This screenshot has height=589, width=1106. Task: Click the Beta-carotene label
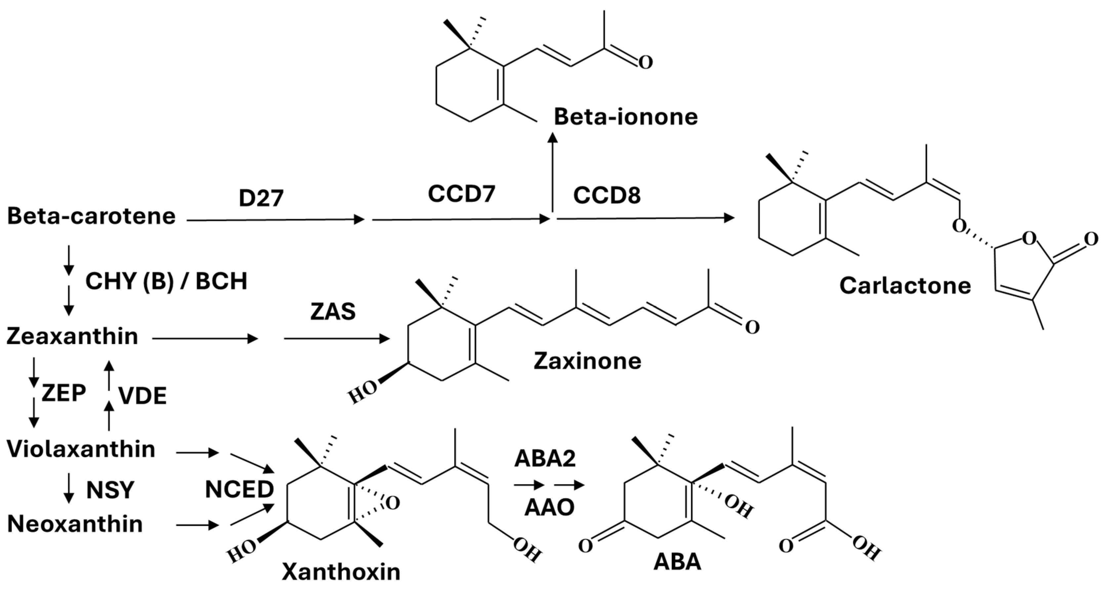click(x=92, y=216)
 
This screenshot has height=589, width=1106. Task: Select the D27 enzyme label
click(x=261, y=198)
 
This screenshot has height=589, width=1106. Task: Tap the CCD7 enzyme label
click(x=462, y=194)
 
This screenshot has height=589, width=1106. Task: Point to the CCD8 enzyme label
click(x=607, y=196)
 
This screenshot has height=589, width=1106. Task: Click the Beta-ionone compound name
click(x=626, y=117)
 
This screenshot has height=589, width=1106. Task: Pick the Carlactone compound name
click(x=905, y=286)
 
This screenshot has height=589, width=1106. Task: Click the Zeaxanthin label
click(x=72, y=336)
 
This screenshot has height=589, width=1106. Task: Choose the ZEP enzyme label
click(x=63, y=393)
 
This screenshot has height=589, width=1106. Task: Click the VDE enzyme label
click(x=143, y=396)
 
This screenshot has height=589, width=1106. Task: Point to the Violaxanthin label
click(x=81, y=449)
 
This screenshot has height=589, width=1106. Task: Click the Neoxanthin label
click(x=75, y=524)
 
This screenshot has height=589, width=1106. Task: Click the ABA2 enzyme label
click(x=545, y=458)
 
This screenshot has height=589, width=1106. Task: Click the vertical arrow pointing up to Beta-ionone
click(x=553, y=172)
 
